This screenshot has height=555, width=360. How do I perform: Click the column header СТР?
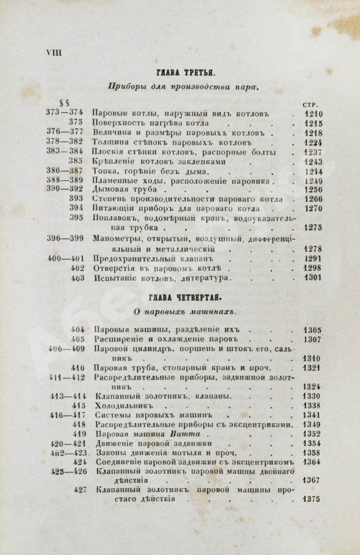(x=311, y=103)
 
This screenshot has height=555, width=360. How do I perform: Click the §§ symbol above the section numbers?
(x=64, y=102)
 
